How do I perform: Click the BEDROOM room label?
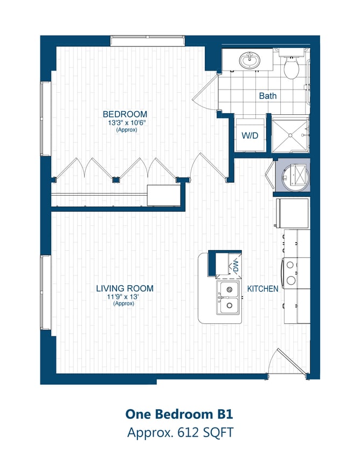125,114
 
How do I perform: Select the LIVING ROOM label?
124,288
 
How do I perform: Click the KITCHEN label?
262,289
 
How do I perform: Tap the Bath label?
268,96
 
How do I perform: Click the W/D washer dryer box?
250,136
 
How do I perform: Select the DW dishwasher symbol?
235,265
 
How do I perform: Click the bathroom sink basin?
250,60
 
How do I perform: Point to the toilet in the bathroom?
292,67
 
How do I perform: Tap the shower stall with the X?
289,135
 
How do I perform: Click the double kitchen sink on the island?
229,298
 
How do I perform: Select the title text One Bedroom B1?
179,414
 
